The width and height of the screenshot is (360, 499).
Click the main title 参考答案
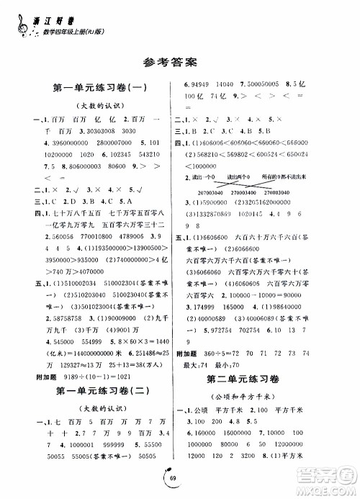179,63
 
